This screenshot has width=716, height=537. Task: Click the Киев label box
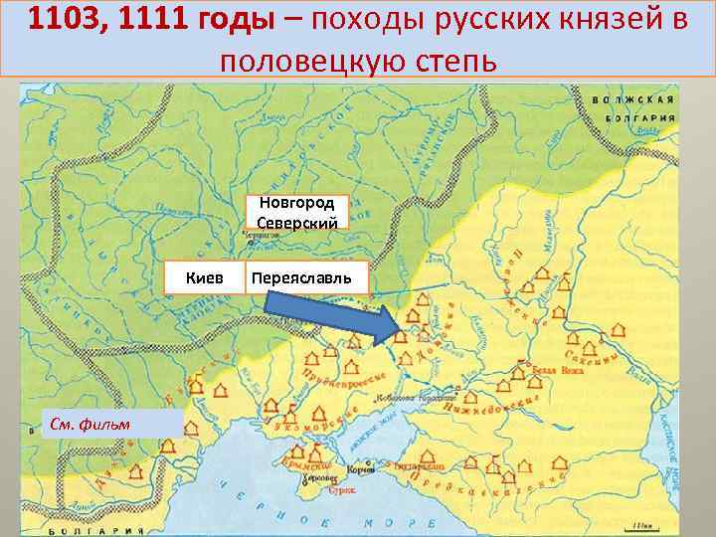[204, 275]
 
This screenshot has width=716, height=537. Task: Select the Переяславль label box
[306, 275]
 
